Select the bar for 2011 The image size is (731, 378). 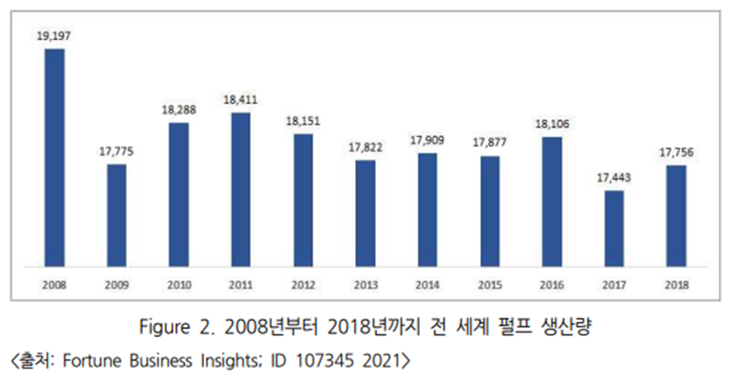[x=241, y=188]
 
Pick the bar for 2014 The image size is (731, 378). [x=427, y=209]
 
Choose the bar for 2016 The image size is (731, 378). [x=551, y=200]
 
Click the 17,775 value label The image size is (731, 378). [x=116, y=152]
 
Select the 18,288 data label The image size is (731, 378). [x=178, y=110]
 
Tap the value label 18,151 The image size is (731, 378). [x=302, y=121]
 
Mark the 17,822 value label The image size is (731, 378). [x=365, y=147]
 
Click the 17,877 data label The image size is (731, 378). [x=488, y=143]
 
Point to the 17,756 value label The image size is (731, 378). [x=675, y=153]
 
